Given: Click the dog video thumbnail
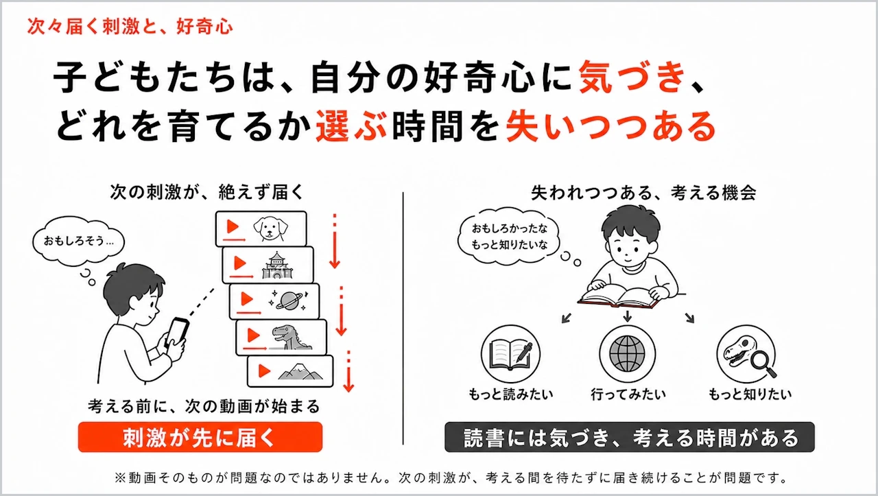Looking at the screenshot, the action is (261, 229).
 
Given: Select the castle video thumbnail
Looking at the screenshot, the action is (268, 265).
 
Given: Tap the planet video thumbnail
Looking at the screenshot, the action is (274, 302).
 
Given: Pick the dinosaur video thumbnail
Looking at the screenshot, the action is (281, 338).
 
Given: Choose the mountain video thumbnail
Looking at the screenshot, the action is (290, 371).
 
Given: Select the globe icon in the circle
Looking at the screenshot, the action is (627, 353).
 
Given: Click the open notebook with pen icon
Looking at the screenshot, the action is (511, 353).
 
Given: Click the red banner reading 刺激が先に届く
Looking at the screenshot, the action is (200, 437).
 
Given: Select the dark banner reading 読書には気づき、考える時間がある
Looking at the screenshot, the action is (630, 437).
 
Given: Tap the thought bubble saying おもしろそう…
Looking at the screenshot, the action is (78, 241).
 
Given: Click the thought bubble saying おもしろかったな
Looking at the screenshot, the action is (509, 237).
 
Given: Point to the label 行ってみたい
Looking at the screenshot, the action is (628, 394).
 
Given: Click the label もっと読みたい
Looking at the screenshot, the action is (511, 394).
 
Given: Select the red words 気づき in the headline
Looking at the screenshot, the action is (632, 77).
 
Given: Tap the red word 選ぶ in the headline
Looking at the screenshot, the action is (352, 126).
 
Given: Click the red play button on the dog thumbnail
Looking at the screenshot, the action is (233, 226).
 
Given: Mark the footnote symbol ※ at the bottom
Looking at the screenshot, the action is (119, 478).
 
